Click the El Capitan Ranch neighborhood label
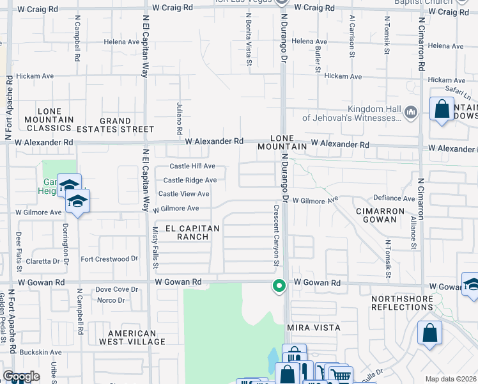(x=192, y=232)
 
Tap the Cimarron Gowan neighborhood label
(x=381, y=216)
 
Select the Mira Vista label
(x=312, y=327)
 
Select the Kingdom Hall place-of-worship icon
(x=411, y=113)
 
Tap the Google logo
(x=21, y=376)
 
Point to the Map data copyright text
(x=451, y=379)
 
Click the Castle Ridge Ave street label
(x=190, y=180)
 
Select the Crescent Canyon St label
(x=277, y=235)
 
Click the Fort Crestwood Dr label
(x=109, y=259)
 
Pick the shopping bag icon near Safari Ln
(x=442, y=109)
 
